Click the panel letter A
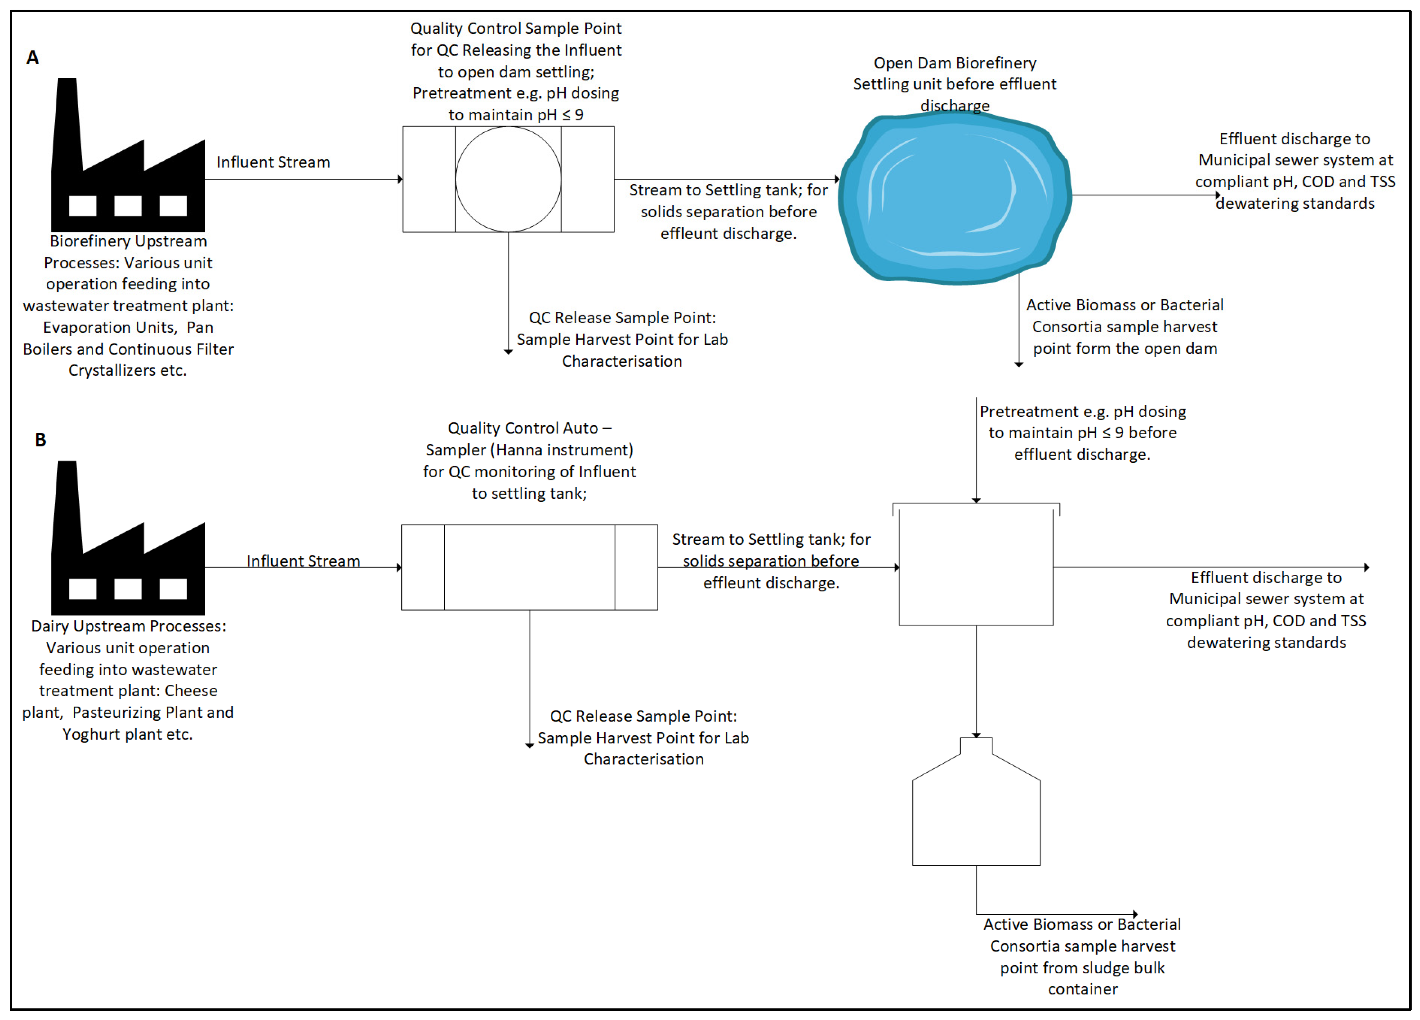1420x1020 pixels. (x=33, y=58)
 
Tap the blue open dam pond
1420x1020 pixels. (x=955, y=197)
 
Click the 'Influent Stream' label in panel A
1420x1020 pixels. (x=273, y=162)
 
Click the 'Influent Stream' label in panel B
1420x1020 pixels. (x=303, y=561)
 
